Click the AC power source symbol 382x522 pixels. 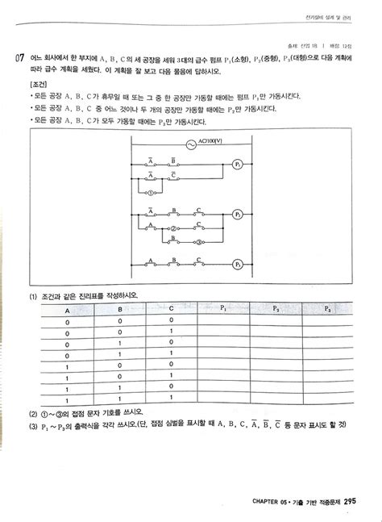click(192, 145)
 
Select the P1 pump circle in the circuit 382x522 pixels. click(238, 165)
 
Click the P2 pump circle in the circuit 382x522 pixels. click(238, 215)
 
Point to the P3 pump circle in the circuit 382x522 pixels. click(238, 264)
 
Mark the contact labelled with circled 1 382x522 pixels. click(151, 193)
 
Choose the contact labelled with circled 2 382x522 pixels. click(172, 229)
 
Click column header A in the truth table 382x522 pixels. click(67, 309)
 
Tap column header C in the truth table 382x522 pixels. click(172, 309)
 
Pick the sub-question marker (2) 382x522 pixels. click(31, 411)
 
